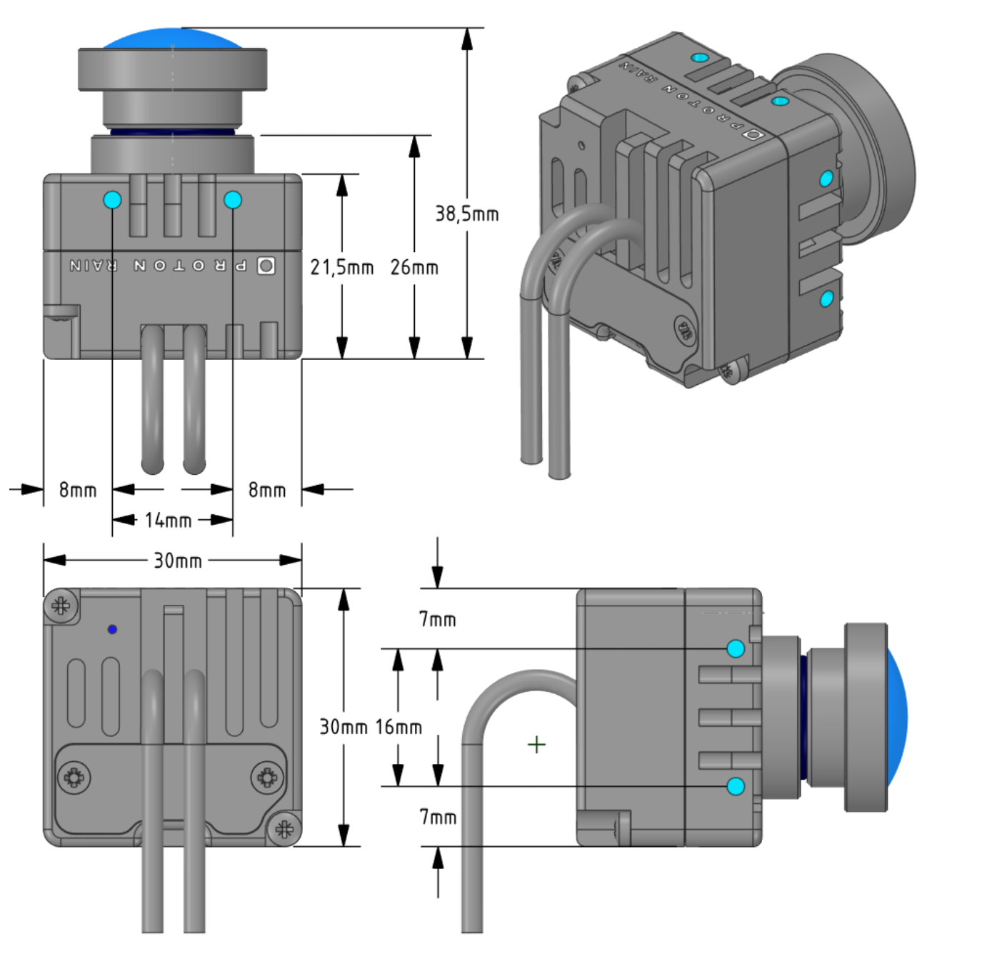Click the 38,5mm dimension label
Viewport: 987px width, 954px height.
pos(467,214)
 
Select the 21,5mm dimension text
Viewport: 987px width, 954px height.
pos(341,267)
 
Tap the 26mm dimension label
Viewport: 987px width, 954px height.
pos(414,267)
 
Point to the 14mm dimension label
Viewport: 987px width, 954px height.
pos(168,520)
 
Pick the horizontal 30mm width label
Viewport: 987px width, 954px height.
pos(178,561)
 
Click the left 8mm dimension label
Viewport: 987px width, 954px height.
pos(77,490)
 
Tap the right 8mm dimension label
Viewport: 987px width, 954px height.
pos(267,490)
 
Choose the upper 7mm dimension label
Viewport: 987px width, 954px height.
pos(437,619)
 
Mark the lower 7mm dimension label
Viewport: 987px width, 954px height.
pos(437,816)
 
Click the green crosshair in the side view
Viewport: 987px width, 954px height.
pos(536,745)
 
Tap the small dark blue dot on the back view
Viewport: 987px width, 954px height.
pos(112,629)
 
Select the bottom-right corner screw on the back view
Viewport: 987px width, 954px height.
pos(284,829)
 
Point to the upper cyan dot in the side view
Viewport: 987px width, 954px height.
pos(736,648)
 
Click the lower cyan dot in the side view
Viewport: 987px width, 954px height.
pos(736,786)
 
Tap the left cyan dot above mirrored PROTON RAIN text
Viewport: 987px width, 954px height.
pos(112,200)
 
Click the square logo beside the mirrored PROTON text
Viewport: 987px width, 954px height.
pos(266,266)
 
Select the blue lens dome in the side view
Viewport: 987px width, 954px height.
pos(896,718)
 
